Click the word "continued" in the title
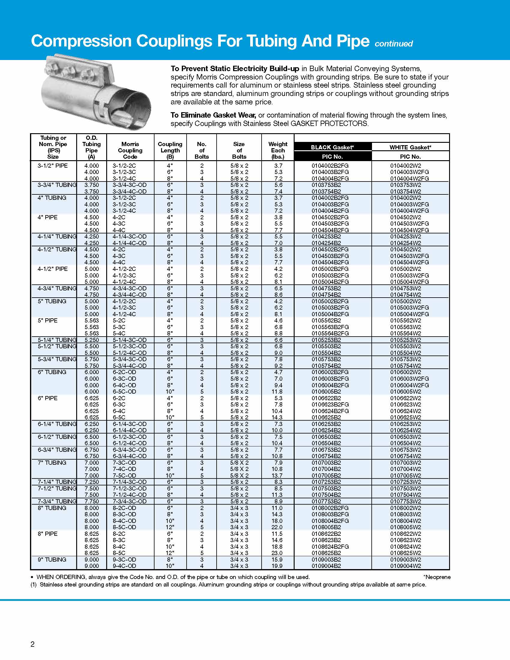(x=393, y=44)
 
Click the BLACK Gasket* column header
(x=332, y=147)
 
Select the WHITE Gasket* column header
(x=410, y=147)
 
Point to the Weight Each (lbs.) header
(x=278, y=150)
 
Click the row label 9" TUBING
(x=52, y=559)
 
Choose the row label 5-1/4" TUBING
(x=57, y=340)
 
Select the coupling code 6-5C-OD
(x=124, y=391)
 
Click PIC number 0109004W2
(x=406, y=566)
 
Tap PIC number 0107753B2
(x=326, y=501)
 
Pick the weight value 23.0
(x=277, y=553)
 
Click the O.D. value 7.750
(x=91, y=501)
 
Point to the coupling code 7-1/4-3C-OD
(x=129, y=482)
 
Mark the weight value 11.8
(x=277, y=391)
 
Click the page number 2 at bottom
(x=33, y=644)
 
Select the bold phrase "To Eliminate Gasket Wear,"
(x=213, y=115)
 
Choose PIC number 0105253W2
(x=406, y=340)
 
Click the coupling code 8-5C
(x=119, y=553)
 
